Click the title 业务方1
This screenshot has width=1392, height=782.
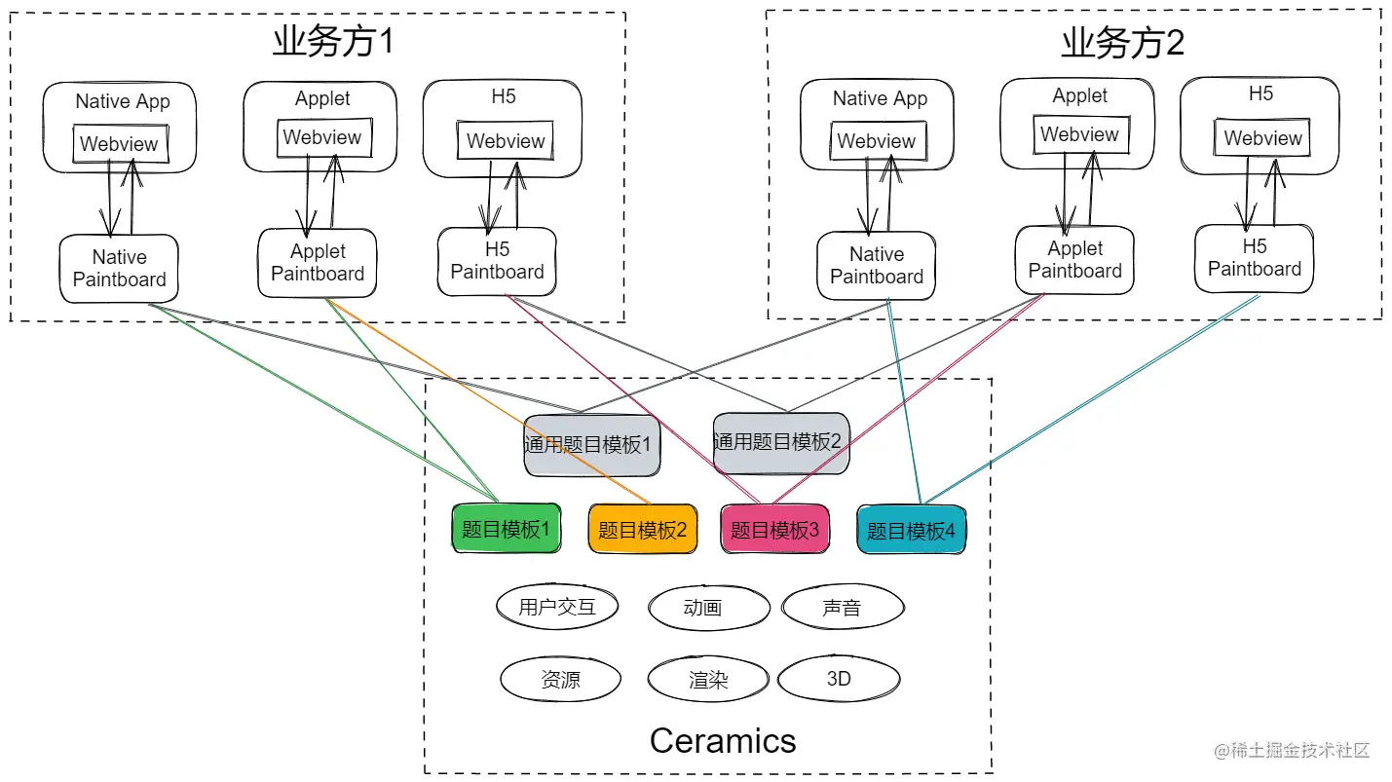tap(332, 43)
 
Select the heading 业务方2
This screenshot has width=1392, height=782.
tap(1122, 44)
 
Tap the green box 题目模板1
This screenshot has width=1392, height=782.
tap(506, 530)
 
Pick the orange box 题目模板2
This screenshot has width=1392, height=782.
tap(642, 530)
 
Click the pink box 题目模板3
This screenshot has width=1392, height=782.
tap(774, 530)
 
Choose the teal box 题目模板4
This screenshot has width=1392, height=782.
tap(911, 531)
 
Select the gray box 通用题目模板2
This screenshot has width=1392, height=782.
tap(775, 442)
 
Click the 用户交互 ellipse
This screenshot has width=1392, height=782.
tap(557, 608)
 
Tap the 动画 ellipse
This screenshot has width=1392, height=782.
tap(702, 608)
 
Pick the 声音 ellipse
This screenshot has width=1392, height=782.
tap(842, 608)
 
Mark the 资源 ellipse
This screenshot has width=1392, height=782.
tap(560, 679)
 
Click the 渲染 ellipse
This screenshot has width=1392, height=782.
tap(708, 679)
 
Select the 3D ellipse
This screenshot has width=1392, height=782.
tap(839, 679)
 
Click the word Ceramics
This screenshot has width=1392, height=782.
tap(723, 741)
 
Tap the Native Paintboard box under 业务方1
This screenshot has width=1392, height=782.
tap(119, 269)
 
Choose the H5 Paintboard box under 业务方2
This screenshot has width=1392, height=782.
tap(1254, 258)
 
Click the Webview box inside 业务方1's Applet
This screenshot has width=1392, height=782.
tap(321, 137)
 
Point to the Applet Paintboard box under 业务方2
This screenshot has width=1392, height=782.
tap(1074, 260)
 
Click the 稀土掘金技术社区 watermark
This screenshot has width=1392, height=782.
tap(1292, 751)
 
